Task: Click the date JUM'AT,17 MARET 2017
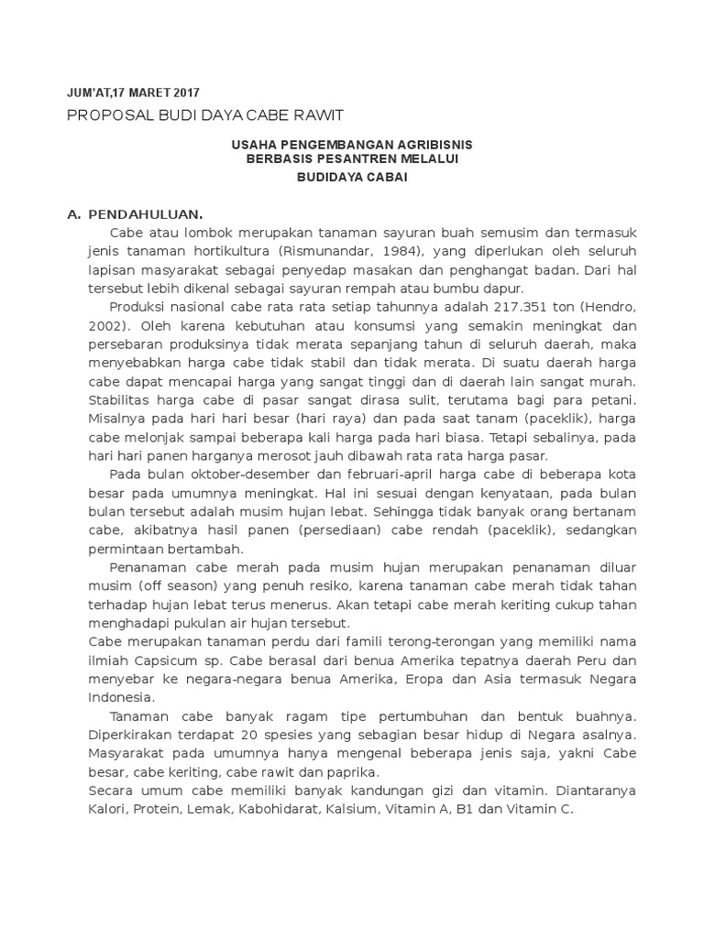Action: point(134,93)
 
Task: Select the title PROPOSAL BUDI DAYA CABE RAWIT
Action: point(206,115)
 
